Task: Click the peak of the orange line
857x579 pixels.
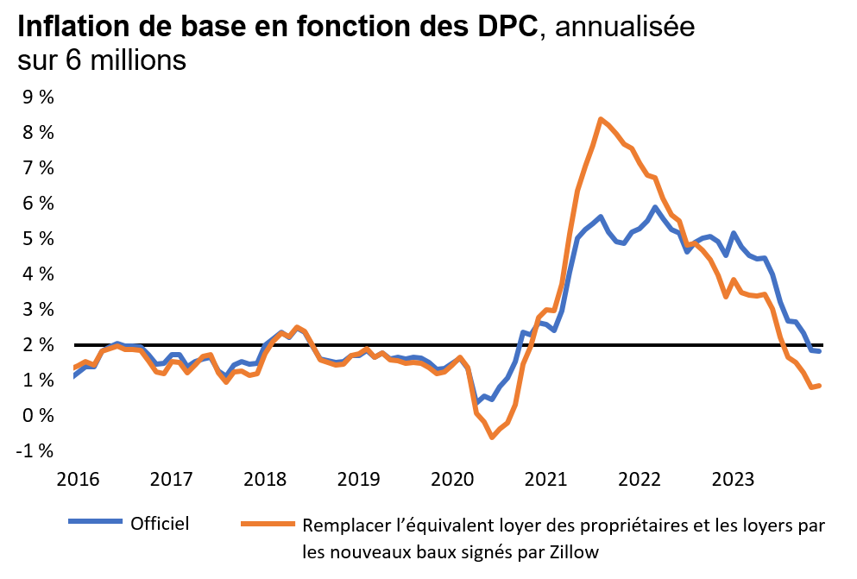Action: pos(601,119)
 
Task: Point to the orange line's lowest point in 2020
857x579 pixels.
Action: pos(492,437)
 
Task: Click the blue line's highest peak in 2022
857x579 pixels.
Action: pos(656,207)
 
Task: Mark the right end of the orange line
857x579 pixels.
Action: pos(818,386)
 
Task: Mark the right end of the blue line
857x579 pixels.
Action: pos(818,350)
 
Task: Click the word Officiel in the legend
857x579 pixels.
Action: pos(160,523)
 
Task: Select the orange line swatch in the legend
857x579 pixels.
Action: pos(268,524)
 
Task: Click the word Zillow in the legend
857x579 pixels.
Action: pos(569,553)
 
